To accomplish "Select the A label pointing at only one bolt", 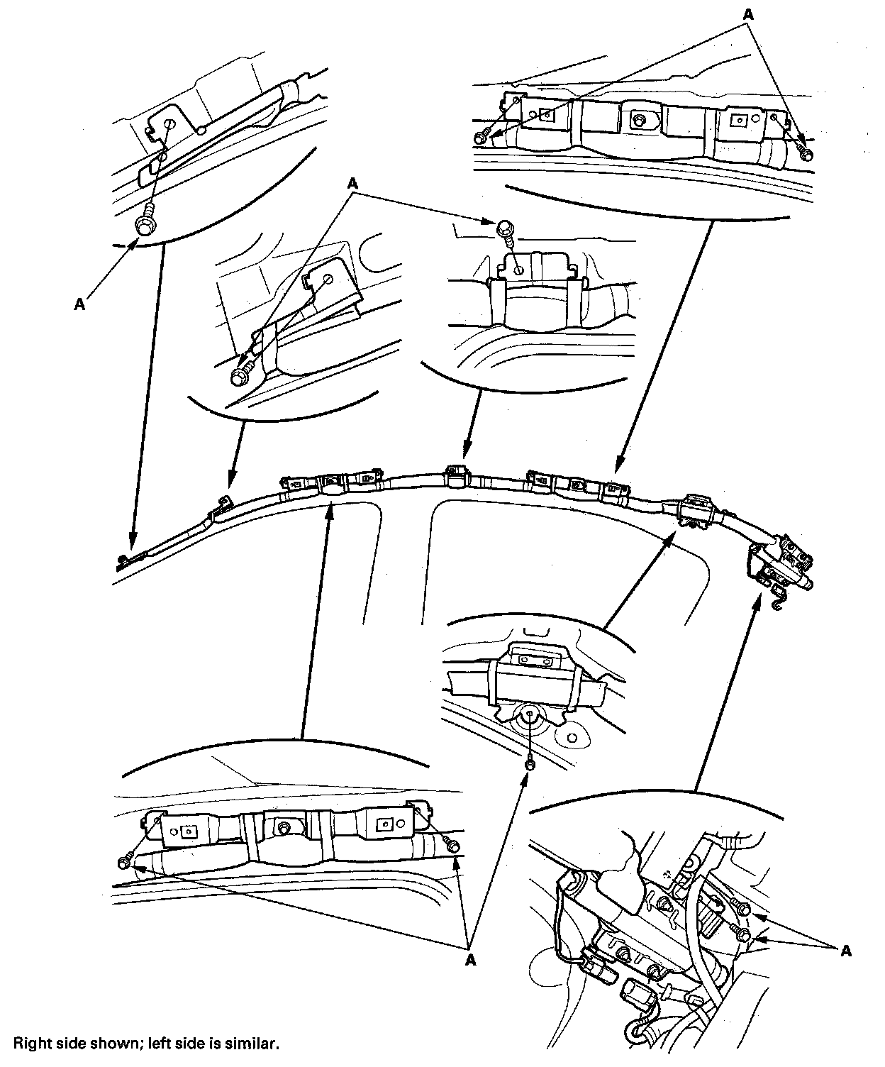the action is (x=79, y=304).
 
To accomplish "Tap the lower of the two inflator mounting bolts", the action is (x=744, y=934).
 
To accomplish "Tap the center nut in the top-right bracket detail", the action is (x=640, y=121).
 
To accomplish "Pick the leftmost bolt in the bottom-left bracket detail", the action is (x=124, y=861).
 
